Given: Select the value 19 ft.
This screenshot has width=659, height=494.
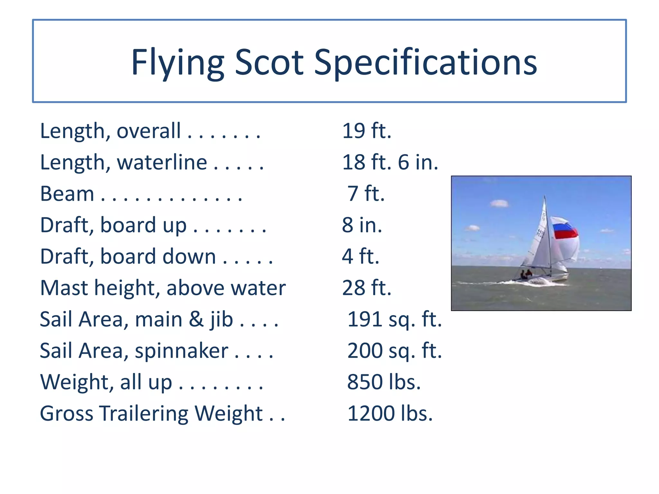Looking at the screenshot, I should pos(367,131).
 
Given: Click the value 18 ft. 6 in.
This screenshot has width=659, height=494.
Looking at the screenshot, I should pos(390,162).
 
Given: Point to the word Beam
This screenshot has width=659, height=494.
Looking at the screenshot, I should pos(67,194).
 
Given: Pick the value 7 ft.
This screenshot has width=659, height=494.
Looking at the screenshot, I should pos(366,194).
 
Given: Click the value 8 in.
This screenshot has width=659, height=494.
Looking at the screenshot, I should pos(362,225).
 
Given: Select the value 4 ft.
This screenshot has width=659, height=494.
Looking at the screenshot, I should pos(360,256).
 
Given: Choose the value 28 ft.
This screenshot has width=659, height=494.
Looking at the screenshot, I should pos(367,288).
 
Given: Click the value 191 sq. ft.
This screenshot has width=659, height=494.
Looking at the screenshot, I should pos(394,319).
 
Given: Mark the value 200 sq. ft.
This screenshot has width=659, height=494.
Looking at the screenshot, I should pos(394,351).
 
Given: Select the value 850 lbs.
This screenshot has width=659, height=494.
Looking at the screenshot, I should pos(384,382).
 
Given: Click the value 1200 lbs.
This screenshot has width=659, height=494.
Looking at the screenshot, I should pos(390,413).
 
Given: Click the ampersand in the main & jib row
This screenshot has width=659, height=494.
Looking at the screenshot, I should pos(196,319).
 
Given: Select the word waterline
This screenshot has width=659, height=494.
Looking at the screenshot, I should pos(162,162).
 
